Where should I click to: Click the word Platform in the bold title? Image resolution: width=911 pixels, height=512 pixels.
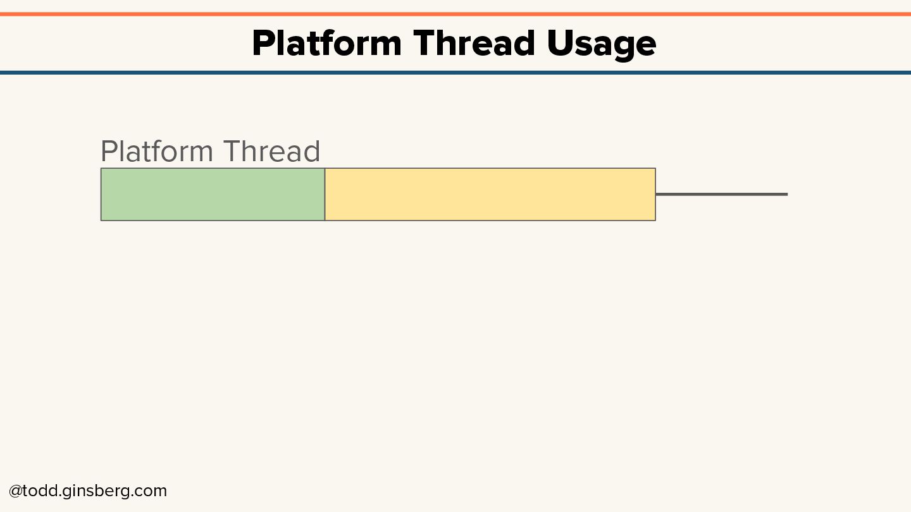[326, 44]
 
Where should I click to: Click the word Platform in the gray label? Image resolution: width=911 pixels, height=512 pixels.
[157, 152]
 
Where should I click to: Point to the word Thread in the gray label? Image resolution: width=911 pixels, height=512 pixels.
[271, 152]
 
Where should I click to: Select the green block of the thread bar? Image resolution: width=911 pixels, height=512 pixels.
[213, 195]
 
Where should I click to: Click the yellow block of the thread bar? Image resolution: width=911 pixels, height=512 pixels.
[490, 195]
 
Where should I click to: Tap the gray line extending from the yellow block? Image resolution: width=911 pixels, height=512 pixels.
[721, 194]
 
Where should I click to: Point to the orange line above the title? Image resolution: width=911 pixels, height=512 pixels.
[455, 14]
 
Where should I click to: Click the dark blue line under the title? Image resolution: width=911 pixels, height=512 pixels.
[455, 73]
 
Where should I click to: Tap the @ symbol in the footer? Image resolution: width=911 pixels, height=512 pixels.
[15, 491]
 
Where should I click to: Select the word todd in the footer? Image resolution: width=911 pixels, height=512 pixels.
[40, 491]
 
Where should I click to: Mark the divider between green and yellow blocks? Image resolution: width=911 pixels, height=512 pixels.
[325, 195]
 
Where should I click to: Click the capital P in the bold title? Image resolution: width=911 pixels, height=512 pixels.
[262, 44]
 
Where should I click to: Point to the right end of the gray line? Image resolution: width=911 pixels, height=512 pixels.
[786, 194]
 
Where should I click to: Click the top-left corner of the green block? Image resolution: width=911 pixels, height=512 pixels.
[101, 169]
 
